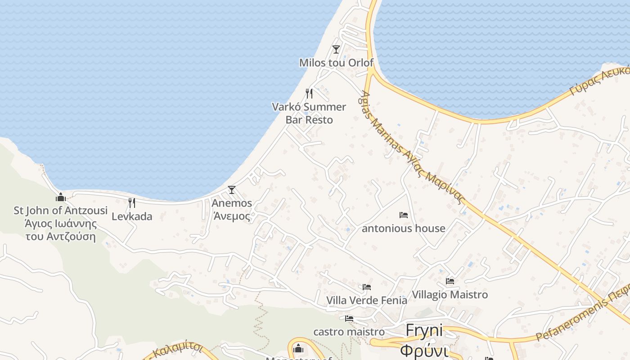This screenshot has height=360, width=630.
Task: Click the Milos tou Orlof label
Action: point(336,63)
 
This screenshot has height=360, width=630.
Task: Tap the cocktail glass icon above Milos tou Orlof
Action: point(336,49)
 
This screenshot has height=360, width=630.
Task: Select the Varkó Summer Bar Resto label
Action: point(309,113)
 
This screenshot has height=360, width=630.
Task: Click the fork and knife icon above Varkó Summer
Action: point(309,94)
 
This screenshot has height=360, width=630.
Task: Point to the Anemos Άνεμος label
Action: point(232,209)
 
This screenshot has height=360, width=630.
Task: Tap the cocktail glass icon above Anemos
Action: point(232,190)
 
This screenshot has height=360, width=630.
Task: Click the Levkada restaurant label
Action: point(132,216)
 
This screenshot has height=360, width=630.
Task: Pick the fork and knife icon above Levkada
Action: point(132,203)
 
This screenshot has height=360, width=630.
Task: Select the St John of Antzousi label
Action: point(61,223)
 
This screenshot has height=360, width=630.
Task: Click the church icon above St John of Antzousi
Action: point(61,197)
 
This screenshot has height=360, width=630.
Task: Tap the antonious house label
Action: point(404,228)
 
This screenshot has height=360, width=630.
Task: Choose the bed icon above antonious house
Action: point(404,215)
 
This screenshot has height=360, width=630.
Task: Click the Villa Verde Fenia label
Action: point(367,300)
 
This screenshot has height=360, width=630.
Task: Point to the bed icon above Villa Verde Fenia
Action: point(367,287)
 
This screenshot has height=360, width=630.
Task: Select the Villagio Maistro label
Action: point(450,295)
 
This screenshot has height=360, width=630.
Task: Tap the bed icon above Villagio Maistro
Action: point(450,281)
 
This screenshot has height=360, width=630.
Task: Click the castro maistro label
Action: point(349,332)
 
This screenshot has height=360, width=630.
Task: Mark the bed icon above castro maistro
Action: point(349,319)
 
